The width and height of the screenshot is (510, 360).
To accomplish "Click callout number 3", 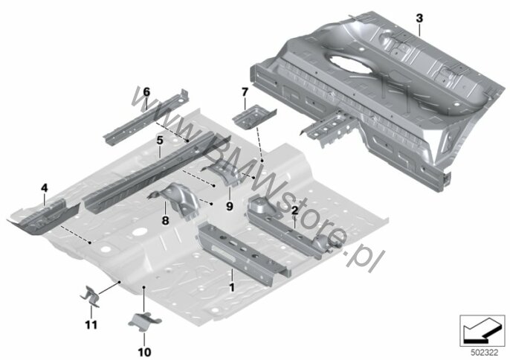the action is click(419, 19).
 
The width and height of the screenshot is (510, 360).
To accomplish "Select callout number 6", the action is click(146, 92).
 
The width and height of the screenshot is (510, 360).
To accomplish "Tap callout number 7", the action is click(245, 92).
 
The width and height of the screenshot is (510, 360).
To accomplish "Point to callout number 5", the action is click(159, 141).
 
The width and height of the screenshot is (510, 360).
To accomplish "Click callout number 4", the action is click(45, 188).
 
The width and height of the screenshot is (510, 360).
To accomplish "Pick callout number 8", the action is click(165, 221).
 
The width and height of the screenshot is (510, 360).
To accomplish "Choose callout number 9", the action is click(230, 206).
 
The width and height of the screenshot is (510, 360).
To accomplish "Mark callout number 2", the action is click(294, 210).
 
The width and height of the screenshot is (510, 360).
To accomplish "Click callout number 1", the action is click(232, 287).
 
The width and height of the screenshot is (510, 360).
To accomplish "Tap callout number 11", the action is click(91, 324).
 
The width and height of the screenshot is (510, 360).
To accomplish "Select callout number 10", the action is click(145, 352).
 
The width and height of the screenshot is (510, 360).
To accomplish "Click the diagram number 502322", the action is click(485, 353).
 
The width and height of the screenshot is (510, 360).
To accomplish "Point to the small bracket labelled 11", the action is click(90, 296).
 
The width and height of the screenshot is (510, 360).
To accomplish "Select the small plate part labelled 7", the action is click(254, 115).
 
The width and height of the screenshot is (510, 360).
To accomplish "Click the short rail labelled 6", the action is click(146, 118).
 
